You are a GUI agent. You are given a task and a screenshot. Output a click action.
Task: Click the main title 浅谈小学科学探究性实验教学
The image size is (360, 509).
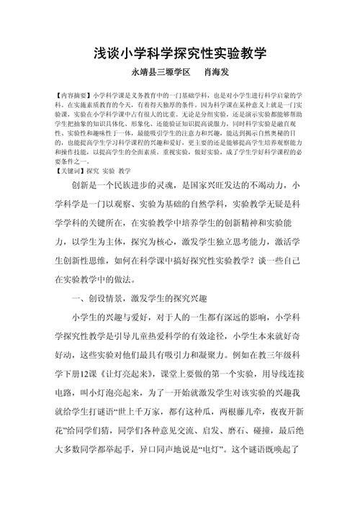(x=180, y=53)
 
